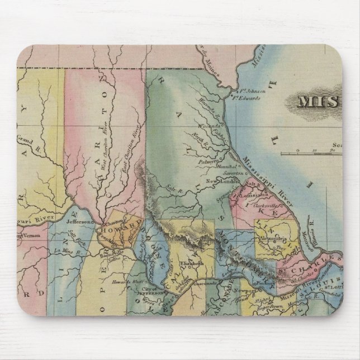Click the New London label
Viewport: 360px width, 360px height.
pos(219,181)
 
